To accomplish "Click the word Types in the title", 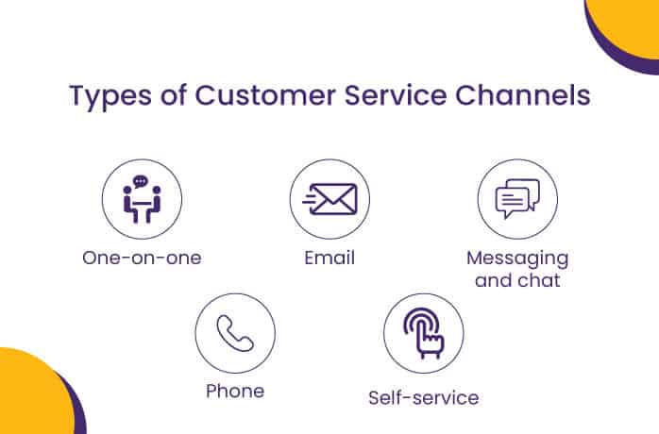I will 109,98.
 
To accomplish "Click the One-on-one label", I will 142,258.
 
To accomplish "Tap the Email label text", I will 329,258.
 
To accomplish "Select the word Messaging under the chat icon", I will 517,258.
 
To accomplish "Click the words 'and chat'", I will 517,280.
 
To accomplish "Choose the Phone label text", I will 235,391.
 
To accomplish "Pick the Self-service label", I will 423,397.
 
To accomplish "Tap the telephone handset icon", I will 235,333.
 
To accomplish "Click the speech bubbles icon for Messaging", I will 517,199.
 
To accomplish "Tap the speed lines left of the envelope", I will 311,199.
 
